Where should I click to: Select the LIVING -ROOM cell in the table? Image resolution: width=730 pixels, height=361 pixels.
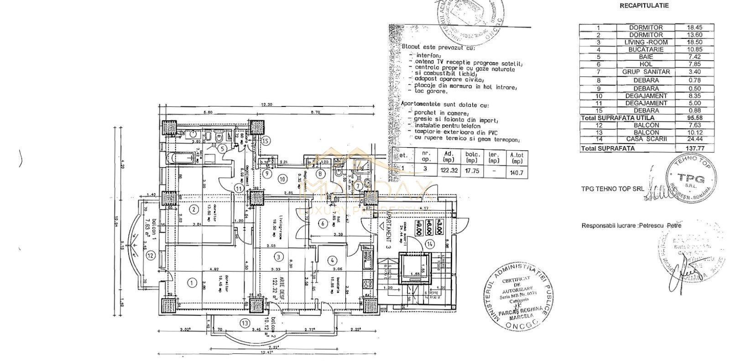pyautogui.click(x=646, y=42)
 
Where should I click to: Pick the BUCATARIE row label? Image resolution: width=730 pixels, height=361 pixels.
pyautogui.click(x=646, y=49)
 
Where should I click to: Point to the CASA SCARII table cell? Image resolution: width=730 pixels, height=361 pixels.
pyautogui.click(x=646, y=140)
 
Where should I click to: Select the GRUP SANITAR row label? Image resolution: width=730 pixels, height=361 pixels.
pyautogui.click(x=646, y=72)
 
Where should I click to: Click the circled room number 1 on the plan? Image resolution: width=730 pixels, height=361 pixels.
pyautogui.click(x=191, y=282)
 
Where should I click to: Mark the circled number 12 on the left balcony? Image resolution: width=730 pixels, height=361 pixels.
pyautogui.click(x=151, y=255)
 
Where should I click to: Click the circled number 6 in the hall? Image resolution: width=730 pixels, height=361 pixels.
pyautogui.click(x=322, y=223)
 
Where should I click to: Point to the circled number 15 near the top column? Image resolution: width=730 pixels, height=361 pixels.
pyautogui.click(x=266, y=140)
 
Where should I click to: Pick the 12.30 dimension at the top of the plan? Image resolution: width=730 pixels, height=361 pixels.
pyautogui.click(x=266, y=105)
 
